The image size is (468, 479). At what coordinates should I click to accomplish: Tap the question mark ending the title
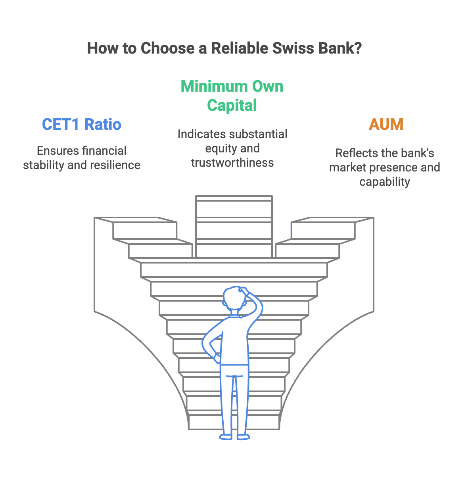point(358,48)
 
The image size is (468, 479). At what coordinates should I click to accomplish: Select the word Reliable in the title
point(240,48)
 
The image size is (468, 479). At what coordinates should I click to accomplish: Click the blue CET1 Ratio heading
point(82,124)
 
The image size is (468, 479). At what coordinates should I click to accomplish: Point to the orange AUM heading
point(386,124)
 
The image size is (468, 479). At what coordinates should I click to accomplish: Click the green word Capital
point(232,105)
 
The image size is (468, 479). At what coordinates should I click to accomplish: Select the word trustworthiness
point(232,163)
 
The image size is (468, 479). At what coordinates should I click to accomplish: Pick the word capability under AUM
point(385,182)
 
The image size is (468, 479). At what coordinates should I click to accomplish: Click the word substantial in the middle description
point(255,134)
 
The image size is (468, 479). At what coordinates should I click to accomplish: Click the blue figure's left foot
point(226,437)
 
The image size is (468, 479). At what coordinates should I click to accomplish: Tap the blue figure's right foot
point(244,437)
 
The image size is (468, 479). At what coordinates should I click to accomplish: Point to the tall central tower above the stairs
point(234,226)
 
